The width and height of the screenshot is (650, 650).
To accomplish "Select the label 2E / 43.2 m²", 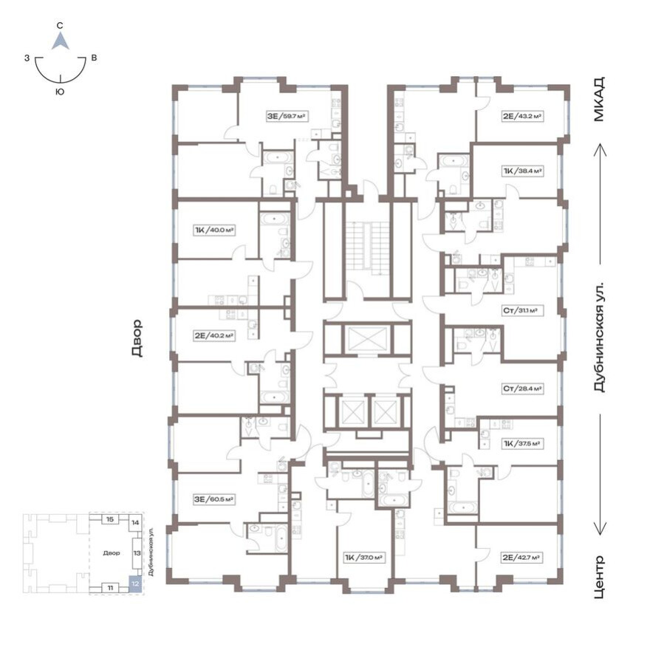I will pyautogui.click(x=523, y=116).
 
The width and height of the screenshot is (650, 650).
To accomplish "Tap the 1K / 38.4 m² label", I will pyautogui.click(x=522, y=171).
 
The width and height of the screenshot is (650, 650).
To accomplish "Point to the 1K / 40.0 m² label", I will pyautogui.click(x=213, y=230).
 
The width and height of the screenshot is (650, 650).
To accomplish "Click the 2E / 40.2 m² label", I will pyautogui.click(x=213, y=335).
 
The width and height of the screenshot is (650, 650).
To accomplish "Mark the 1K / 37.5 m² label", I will pyautogui.click(x=522, y=444).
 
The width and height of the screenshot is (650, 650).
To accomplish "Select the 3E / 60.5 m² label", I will pyautogui.click(x=213, y=499).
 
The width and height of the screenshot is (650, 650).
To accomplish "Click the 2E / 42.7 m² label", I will pyautogui.click(x=522, y=558).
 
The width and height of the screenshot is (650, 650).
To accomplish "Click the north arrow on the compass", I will pyautogui.click(x=61, y=41).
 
